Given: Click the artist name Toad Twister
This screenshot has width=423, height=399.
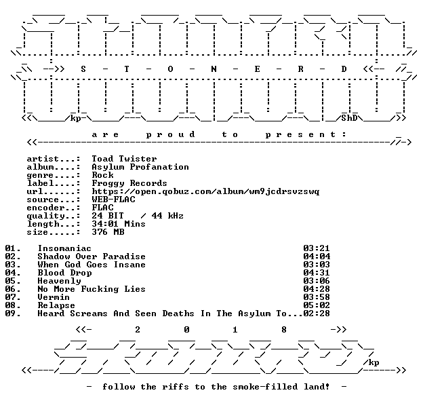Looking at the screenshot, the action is click(x=124, y=159).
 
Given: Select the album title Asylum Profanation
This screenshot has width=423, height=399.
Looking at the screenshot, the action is click(x=140, y=167).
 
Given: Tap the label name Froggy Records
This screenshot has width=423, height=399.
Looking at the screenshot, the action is click(x=129, y=183).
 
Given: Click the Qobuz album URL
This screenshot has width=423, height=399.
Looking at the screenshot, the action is click(x=205, y=191).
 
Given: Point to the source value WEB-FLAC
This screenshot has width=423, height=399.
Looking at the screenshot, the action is click(x=113, y=199).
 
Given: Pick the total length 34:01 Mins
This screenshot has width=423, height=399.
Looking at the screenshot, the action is click(x=119, y=224).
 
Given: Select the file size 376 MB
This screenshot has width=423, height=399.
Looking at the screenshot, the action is click(x=108, y=232).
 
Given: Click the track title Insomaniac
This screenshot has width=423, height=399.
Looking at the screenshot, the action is click(x=64, y=248).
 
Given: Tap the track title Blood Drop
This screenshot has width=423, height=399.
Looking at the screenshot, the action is click(x=64, y=273).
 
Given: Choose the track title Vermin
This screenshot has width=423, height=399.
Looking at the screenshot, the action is click(x=54, y=297).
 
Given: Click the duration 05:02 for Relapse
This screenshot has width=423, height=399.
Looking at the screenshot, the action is click(x=317, y=305).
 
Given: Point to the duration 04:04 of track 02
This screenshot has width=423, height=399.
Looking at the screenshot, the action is click(x=317, y=256).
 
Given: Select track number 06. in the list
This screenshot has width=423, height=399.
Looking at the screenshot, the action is click(x=13, y=289).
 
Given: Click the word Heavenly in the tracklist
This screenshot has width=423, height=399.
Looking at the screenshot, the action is click(x=59, y=281).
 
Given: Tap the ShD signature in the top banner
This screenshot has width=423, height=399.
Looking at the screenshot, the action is click(x=349, y=118).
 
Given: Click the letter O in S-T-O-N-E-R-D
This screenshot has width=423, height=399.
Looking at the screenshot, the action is click(x=170, y=69).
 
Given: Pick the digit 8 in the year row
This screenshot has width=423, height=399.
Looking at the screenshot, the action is click(x=284, y=330).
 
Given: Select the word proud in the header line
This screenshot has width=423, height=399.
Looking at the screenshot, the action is click(x=170, y=134).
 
